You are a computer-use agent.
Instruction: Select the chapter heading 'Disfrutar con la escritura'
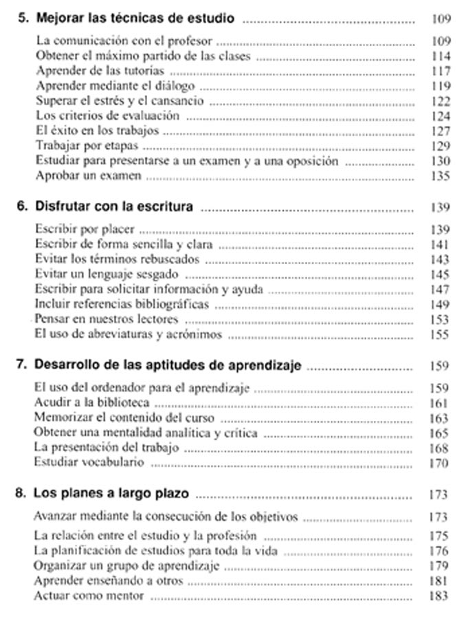click(113, 206)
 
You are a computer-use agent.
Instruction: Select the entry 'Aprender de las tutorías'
click(99, 71)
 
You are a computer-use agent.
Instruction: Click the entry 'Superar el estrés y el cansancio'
click(119, 101)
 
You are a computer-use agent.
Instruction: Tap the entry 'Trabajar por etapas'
click(87, 146)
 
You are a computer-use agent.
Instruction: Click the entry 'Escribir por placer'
click(85, 230)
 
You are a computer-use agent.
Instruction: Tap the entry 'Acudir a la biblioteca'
click(91, 402)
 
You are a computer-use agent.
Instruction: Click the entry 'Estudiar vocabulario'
click(89, 462)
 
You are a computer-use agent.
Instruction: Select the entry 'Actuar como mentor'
click(89, 596)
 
